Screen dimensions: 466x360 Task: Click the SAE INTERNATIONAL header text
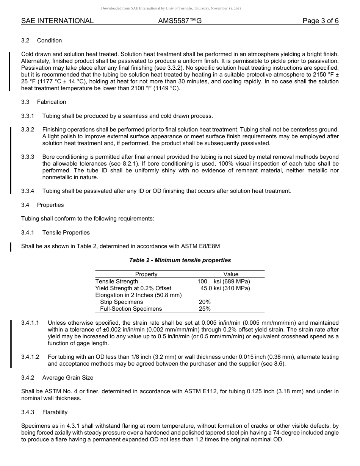[57, 21]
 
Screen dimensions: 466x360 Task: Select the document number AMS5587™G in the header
[180, 21]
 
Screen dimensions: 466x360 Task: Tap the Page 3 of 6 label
[320, 21]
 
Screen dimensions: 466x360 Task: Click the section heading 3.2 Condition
[42, 41]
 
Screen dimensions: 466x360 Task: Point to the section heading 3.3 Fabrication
[44, 102]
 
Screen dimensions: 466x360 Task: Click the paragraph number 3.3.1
[28, 116]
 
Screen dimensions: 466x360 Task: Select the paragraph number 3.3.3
[28, 157]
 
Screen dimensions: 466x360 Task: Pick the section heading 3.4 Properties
[42, 205]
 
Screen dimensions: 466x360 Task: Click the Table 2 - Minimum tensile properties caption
[180, 260]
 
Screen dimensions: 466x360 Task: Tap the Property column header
[146, 274]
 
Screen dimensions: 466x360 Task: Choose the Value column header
[231, 274]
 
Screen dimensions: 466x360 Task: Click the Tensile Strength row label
[117, 281]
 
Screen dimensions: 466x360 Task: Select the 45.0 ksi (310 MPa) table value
[225, 288]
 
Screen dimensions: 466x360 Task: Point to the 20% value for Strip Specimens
[205, 302]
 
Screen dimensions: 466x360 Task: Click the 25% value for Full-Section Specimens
[205, 309]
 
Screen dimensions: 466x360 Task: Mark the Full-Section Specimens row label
[131, 309]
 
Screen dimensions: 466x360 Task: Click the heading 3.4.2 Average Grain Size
[57, 378]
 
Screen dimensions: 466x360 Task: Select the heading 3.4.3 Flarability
[44, 412]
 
